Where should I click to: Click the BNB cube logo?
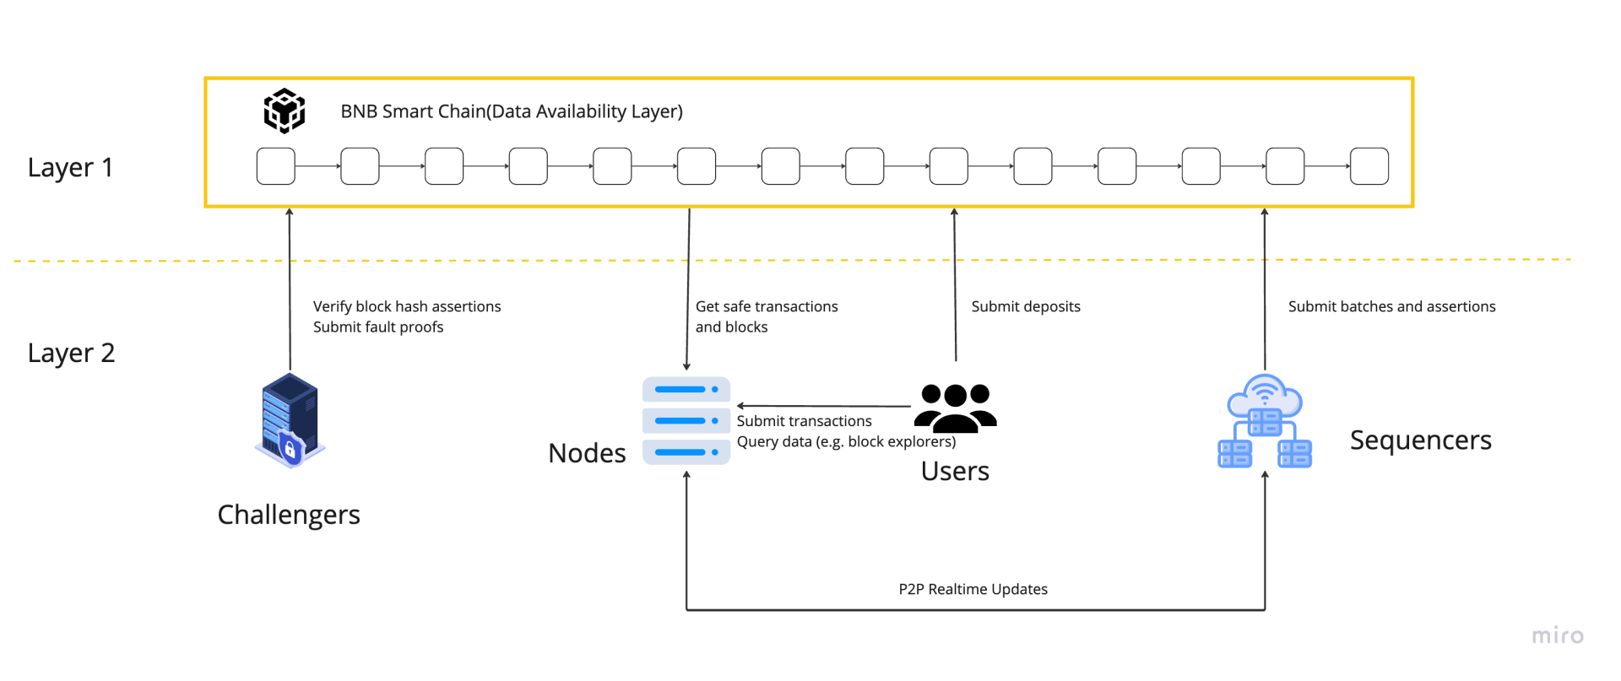pos(285,111)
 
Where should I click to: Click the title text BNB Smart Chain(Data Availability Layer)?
pos(511,111)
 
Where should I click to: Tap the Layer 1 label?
pos(70,167)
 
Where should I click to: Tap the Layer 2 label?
pos(71,353)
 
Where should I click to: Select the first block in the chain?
pos(275,166)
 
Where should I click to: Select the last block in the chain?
pos(1369,166)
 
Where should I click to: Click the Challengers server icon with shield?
pos(290,420)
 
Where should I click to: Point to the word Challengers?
pos(289,515)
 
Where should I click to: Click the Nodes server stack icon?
pos(686,420)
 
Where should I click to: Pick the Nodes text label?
pos(587,453)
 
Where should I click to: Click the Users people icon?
pos(955,408)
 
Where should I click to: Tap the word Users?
pos(955,471)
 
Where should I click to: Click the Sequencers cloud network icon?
pos(1264,421)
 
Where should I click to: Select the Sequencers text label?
pos(1420,440)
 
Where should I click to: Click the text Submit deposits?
pos(1025,306)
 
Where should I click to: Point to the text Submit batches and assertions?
pos(1391,306)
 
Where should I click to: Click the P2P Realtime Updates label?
pos(973,589)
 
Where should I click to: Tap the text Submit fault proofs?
pos(377,327)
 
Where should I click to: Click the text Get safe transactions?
pos(766,306)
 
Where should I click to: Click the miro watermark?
pos(1558,635)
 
